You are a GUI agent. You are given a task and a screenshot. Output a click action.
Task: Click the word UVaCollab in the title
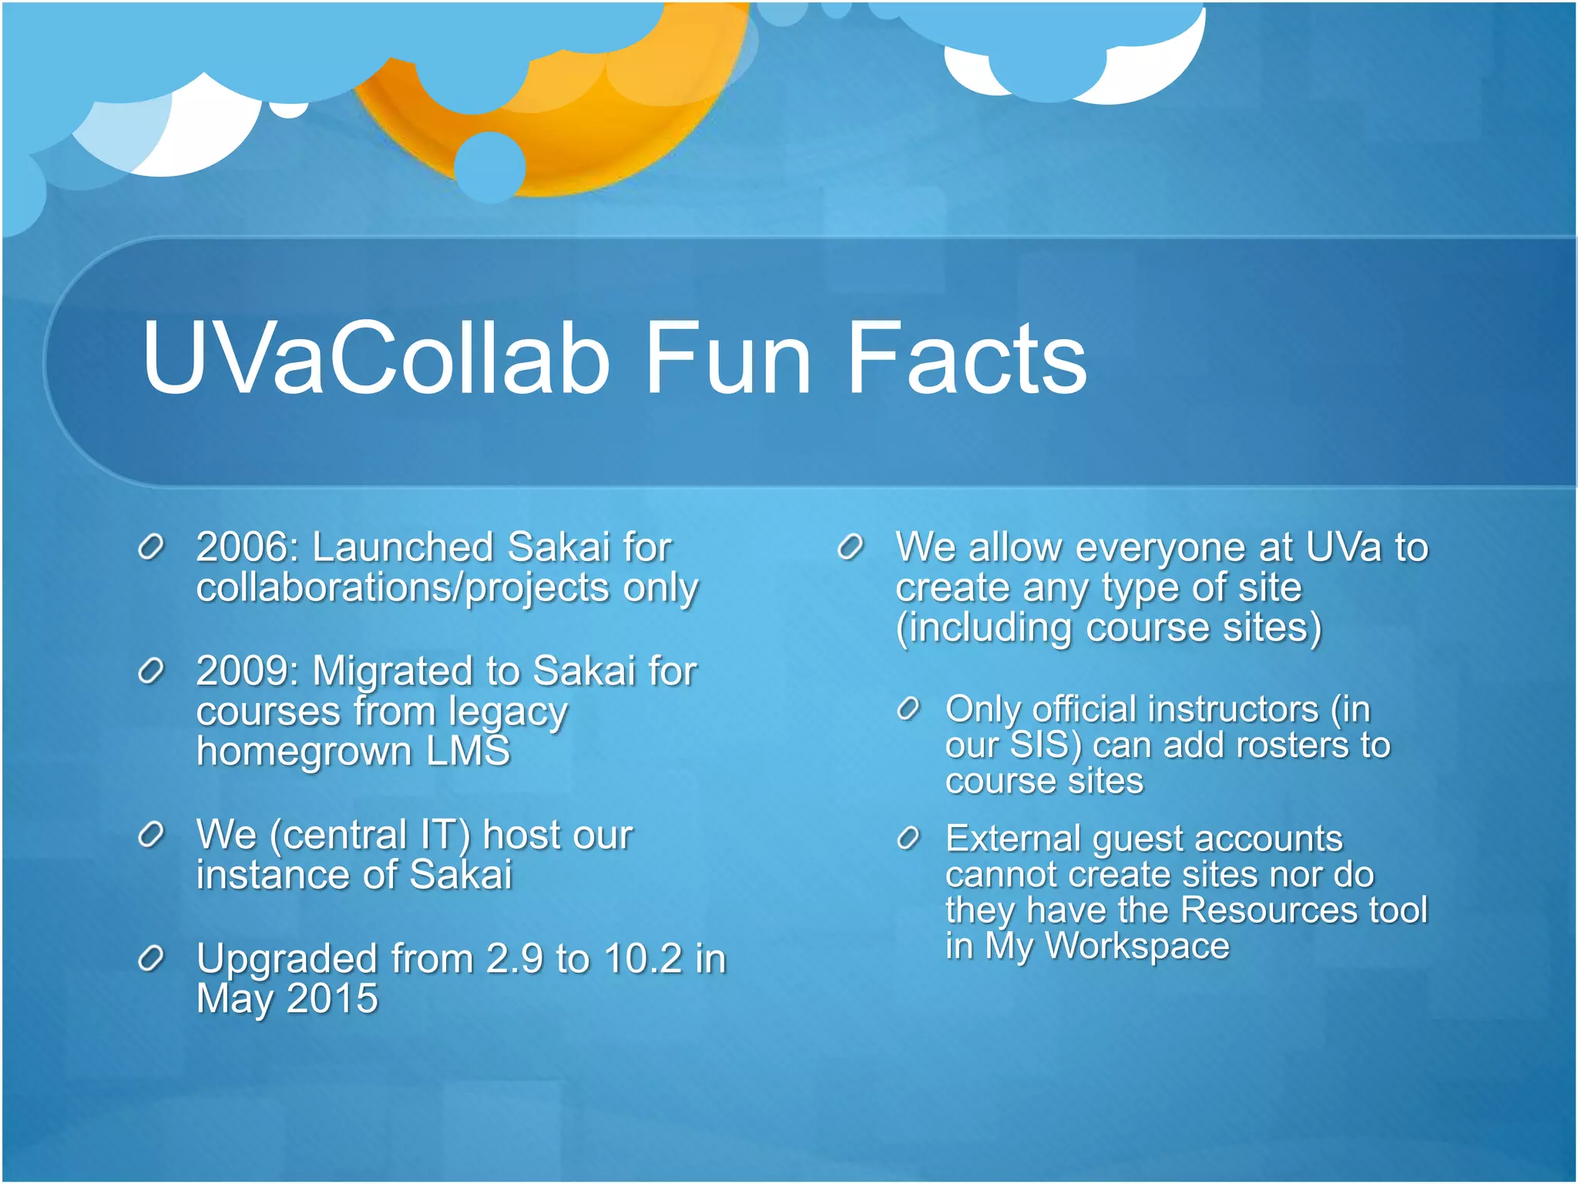pos(376,358)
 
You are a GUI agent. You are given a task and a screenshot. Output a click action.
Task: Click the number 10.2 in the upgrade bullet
pos(643,959)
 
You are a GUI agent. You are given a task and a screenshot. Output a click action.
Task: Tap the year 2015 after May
pos(332,999)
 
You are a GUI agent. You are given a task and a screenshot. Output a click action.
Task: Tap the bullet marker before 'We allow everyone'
pos(850,547)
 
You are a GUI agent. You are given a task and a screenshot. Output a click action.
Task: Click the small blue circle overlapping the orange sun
pos(490,166)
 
